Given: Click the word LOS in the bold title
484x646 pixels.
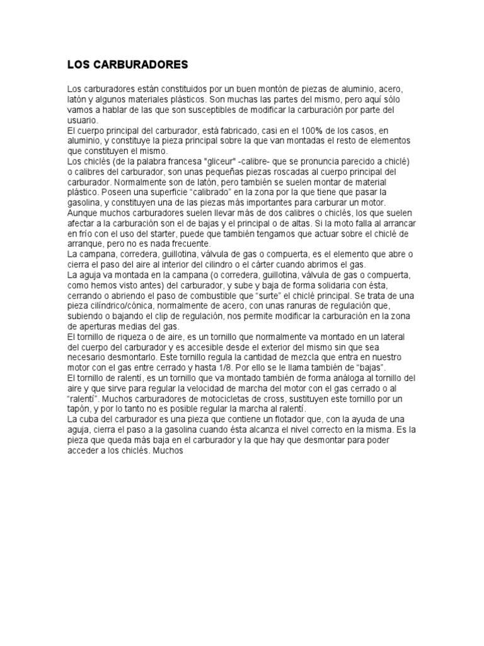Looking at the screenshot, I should [77, 64].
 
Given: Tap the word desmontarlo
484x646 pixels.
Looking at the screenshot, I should [93, 358].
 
